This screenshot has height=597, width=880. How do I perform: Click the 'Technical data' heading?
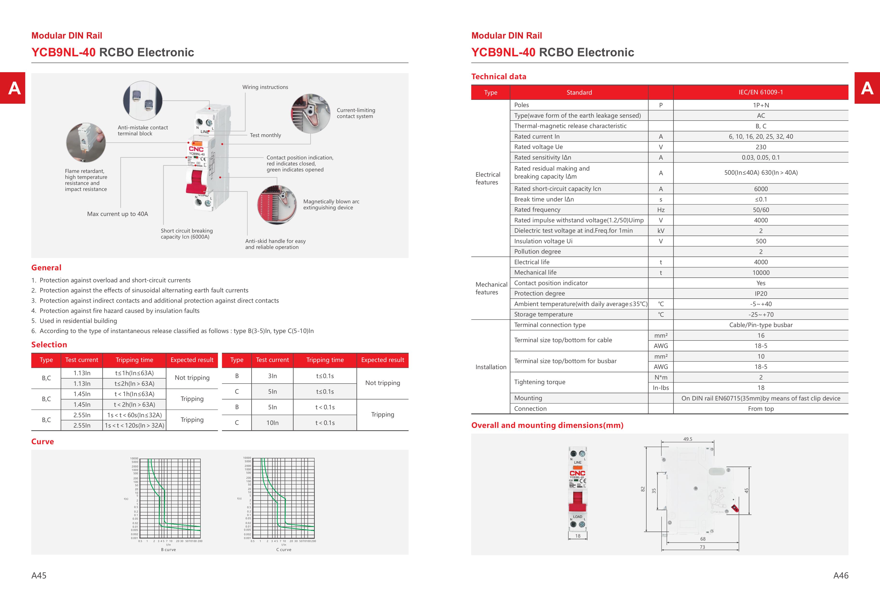(x=498, y=77)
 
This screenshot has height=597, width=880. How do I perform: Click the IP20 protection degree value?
(x=760, y=293)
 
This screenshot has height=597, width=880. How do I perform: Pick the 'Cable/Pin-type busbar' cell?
(x=760, y=325)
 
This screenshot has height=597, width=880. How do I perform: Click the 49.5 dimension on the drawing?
(x=688, y=439)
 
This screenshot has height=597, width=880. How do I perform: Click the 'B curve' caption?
(x=168, y=550)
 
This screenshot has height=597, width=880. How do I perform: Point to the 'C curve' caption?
(x=284, y=550)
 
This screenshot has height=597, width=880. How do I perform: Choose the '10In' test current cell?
(x=272, y=423)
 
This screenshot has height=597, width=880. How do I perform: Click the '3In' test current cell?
(x=272, y=376)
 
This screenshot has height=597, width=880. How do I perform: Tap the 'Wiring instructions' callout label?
(x=265, y=87)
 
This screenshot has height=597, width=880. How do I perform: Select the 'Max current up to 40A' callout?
(x=117, y=214)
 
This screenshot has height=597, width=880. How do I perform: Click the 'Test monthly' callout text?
(x=265, y=135)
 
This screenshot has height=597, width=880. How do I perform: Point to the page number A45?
(x=39, y=575)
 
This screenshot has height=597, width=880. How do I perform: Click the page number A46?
(x=841, y=575)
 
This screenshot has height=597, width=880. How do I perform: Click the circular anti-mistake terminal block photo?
(x=143, y=101)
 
